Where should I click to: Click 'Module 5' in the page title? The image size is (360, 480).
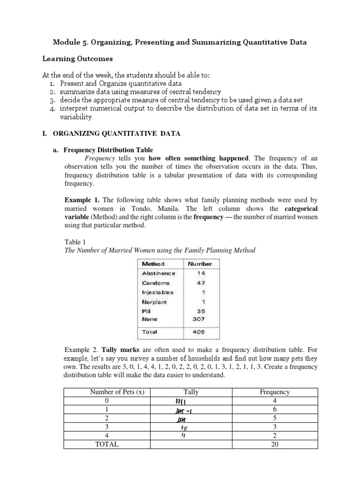(x=70, y=42)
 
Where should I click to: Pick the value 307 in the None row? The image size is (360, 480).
(x=199, y=319)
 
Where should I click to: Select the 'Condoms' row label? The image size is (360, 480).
(x=156, y=283)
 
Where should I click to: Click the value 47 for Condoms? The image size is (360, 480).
(x=201, y=283)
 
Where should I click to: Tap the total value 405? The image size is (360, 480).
(x=199, y=332)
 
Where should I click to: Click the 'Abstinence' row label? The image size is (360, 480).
(x=158, y=273)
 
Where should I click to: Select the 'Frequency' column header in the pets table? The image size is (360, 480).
(x=275, y=392)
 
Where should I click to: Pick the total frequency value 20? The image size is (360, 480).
(x=275, y=444)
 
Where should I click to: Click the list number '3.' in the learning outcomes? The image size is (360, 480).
(x=52, y=100)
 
